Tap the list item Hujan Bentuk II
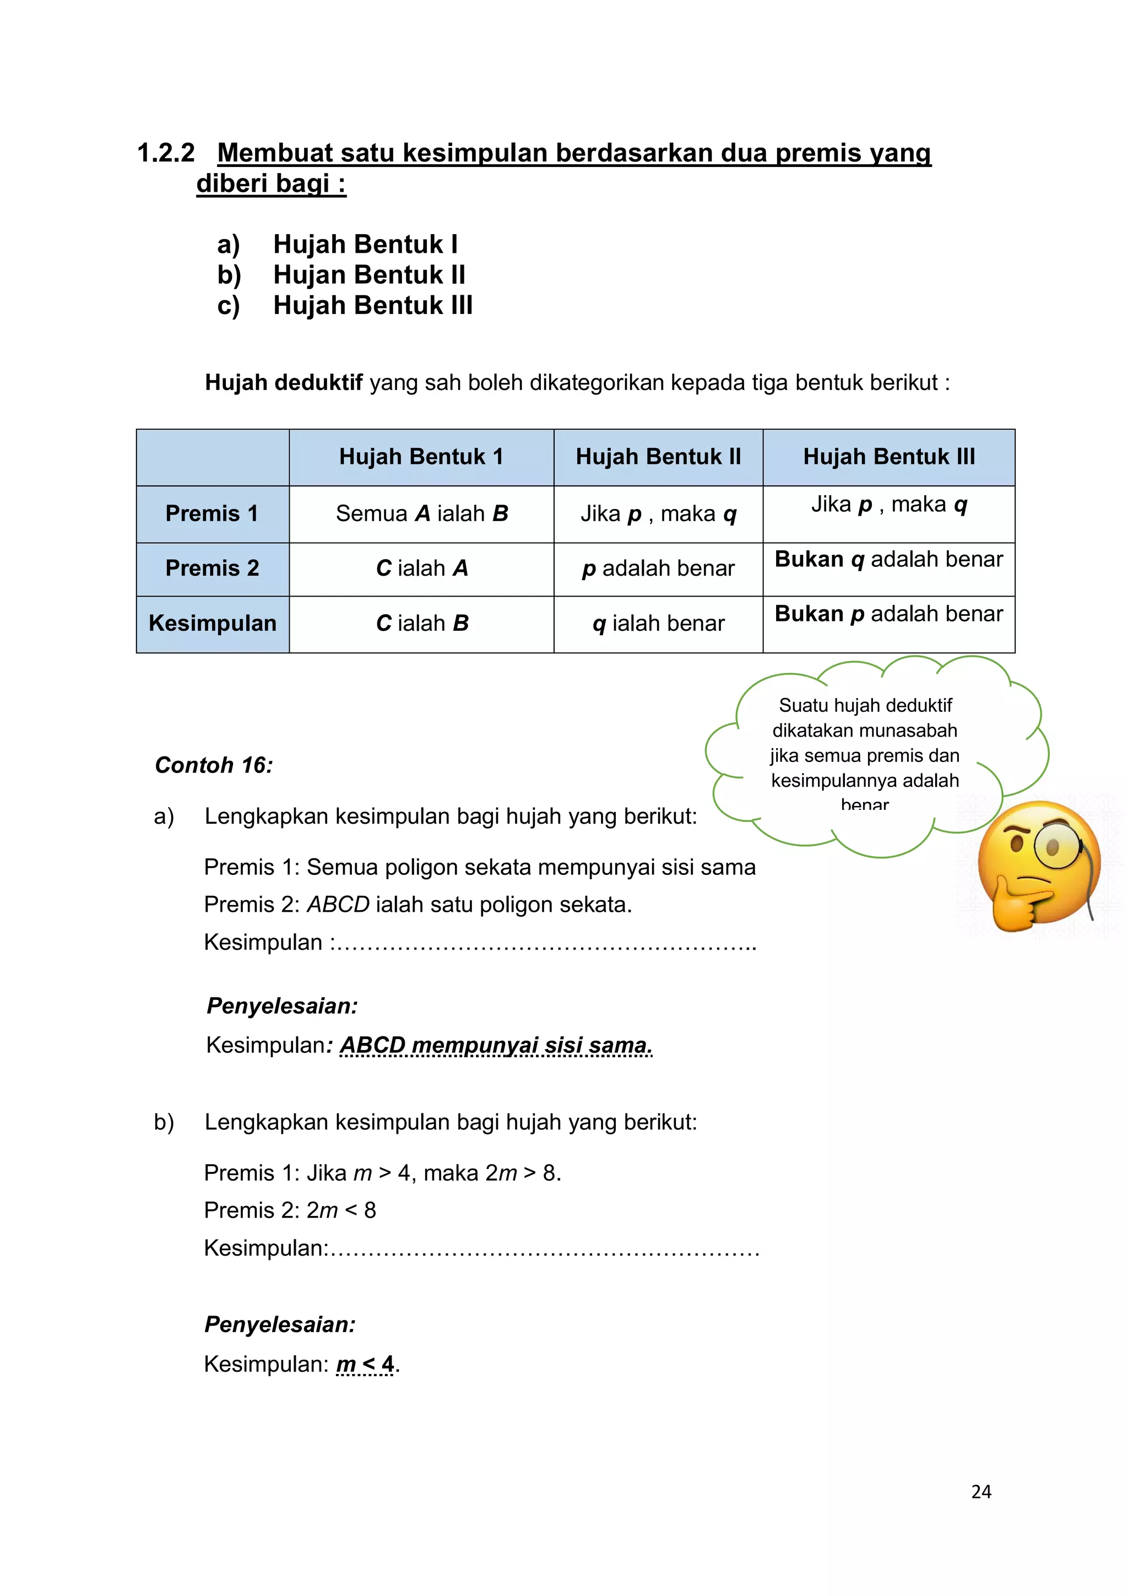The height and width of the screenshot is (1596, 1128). (368, 275)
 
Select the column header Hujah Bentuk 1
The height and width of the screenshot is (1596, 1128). (421, 457)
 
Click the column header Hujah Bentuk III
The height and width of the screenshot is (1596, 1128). (889, 457)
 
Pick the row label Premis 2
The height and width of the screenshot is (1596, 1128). (212, 569)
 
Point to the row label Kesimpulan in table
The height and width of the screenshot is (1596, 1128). (212, 624)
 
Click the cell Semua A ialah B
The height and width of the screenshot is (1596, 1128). (422, 513)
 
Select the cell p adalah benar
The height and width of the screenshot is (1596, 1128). (658, 569)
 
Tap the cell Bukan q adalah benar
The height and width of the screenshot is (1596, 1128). (888, 560)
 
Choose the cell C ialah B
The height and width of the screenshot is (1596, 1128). (422, 624)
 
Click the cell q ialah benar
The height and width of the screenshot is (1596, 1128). (658, 624)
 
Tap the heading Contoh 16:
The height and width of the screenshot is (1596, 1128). (213, 765)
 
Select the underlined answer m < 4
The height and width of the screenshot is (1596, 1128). (365, 1364)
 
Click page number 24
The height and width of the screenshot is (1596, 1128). (980, 1492)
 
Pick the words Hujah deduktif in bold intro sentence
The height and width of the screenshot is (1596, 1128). (284, 383)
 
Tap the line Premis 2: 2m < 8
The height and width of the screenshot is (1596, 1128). (290, 1210)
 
